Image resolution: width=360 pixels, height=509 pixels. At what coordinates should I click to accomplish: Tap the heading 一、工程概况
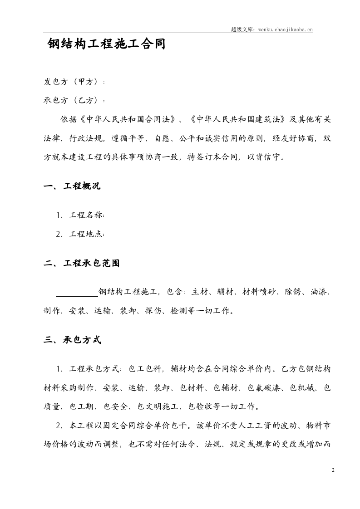click(x=72, y=186)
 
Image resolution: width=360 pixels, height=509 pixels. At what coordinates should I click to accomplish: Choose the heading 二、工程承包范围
click(x=82, y=263)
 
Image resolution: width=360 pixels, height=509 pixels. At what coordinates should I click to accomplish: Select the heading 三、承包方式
click(x=72, y=340)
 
